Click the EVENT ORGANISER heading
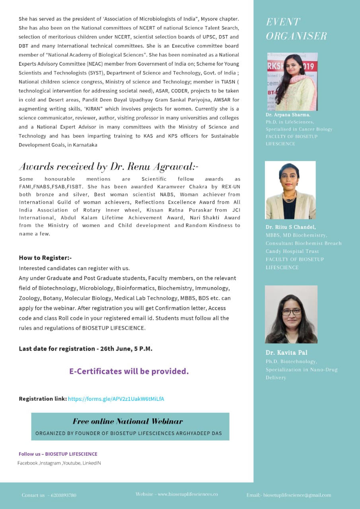click(x=296, y=29)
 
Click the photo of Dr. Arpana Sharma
click(x=292, y=82)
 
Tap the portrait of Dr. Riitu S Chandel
click(x=290, y=190)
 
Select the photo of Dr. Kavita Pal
click(x=291, y=314)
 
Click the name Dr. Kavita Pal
click(x=286, y=353)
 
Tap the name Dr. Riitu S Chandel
click(x=291, y=227)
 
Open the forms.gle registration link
click(x=116, y=399)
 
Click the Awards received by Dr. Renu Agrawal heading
click(x=108, y=166)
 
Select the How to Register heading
click(x=45, y=258)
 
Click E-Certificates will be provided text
click(x=129, y=371)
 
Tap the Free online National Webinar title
click(x=128, y=422)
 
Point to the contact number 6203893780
click(x=64, y=495)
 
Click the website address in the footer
click(x=188, y=494)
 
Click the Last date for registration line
click(x=86, y=349)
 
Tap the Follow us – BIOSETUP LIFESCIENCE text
click(x=58, y=454)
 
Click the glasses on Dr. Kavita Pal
click(x=292, y=311)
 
